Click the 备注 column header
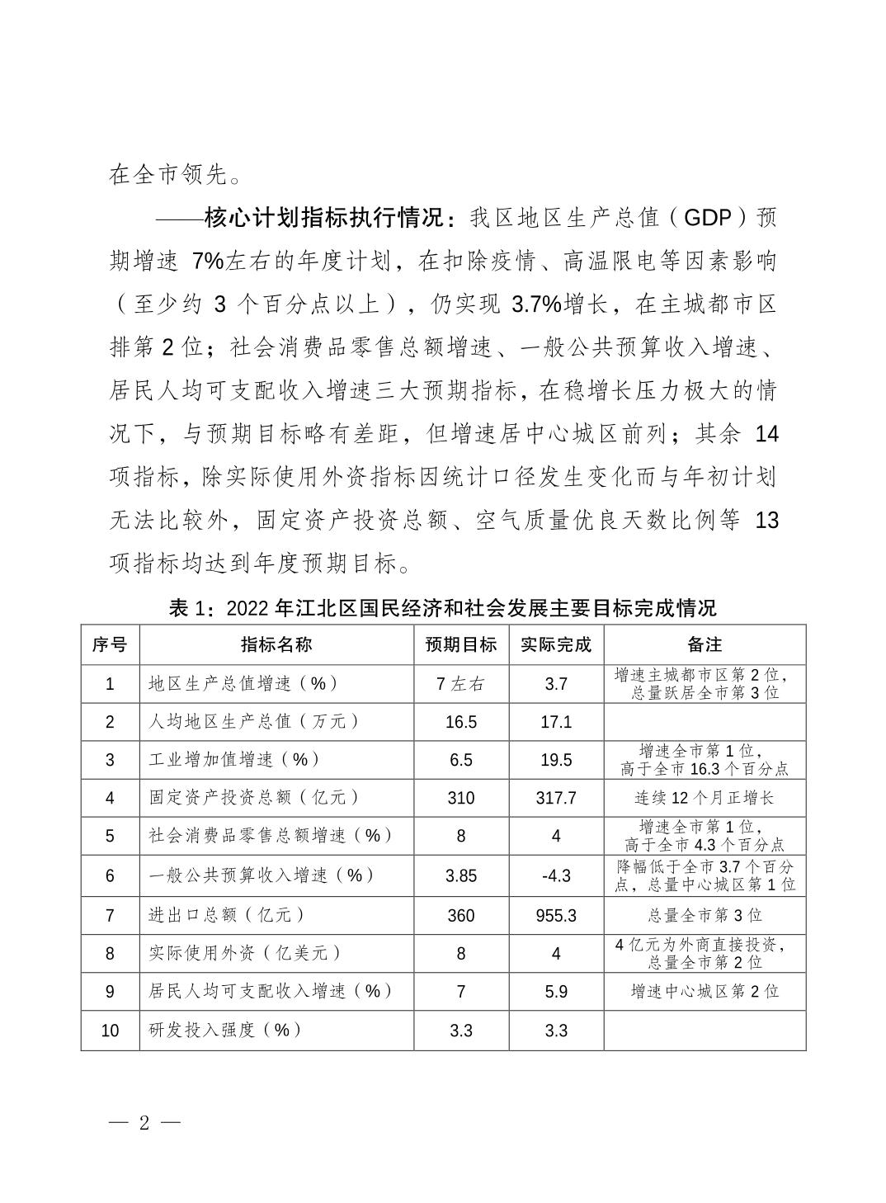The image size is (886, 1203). [704, 644]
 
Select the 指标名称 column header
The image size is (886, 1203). [276, 644]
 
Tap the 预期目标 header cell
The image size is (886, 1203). [461, 644]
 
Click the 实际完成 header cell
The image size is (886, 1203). [556, 644]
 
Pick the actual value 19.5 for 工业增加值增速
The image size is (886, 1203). [556, 760]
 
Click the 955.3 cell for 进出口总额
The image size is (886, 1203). [556, 915]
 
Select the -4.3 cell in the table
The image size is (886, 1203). [556, 876]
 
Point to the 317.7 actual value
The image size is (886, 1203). [556, 798]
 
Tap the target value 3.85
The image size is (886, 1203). [461, 876]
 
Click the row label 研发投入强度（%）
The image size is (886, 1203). [224, 1030]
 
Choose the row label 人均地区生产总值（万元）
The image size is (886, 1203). [254, 722]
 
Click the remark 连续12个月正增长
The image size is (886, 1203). [704, 798]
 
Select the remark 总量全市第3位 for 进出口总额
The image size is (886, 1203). [704, 915]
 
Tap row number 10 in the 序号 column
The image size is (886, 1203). [110, 1031]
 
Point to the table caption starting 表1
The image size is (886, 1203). [442, 609]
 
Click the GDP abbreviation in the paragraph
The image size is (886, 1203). [708, 219]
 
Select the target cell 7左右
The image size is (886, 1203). [461, 684]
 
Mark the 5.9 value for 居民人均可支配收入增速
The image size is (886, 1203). [556, 991]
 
